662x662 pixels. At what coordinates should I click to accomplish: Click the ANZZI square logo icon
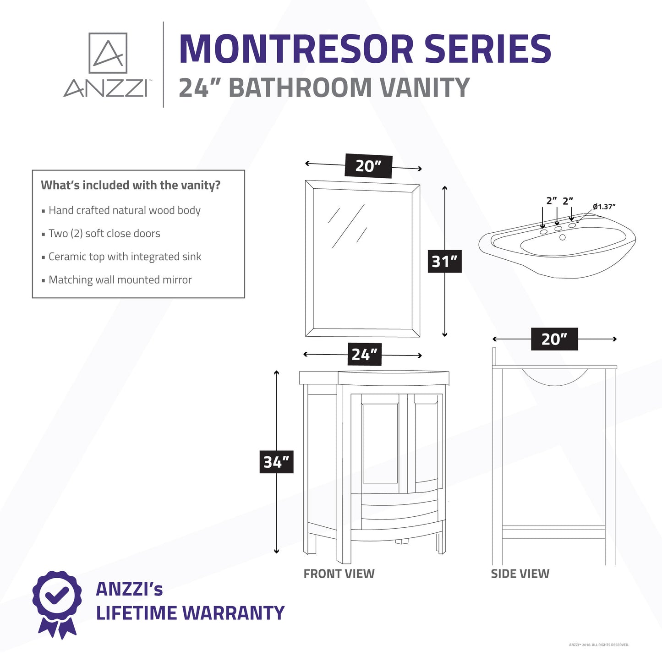point(108,53)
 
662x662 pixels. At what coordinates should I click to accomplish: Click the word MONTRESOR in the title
point(296,49)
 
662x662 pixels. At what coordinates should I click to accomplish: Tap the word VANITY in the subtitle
point(425,88)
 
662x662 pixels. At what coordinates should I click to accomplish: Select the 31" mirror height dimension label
point(444,262)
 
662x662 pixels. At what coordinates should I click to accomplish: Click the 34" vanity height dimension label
point(277,462)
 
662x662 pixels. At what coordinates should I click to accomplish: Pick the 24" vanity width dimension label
point(365,354)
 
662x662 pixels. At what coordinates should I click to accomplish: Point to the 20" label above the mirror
point(369,166)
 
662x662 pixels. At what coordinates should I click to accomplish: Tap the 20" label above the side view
point(554,339)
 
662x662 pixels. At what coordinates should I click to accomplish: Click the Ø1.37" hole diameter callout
point(604,207)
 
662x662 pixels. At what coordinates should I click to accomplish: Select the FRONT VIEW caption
point(339,574)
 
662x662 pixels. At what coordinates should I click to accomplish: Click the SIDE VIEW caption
point(520,574)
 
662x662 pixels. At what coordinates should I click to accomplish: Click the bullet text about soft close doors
point(104,234)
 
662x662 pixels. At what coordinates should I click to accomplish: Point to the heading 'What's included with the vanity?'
point(131,186)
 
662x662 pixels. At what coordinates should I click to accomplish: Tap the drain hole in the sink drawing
point(563,237)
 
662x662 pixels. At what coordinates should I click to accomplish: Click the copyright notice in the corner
point(599,645)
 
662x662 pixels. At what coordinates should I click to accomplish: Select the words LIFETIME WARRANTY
point(190,613)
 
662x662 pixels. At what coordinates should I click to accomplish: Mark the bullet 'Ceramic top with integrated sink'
point(125,257)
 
